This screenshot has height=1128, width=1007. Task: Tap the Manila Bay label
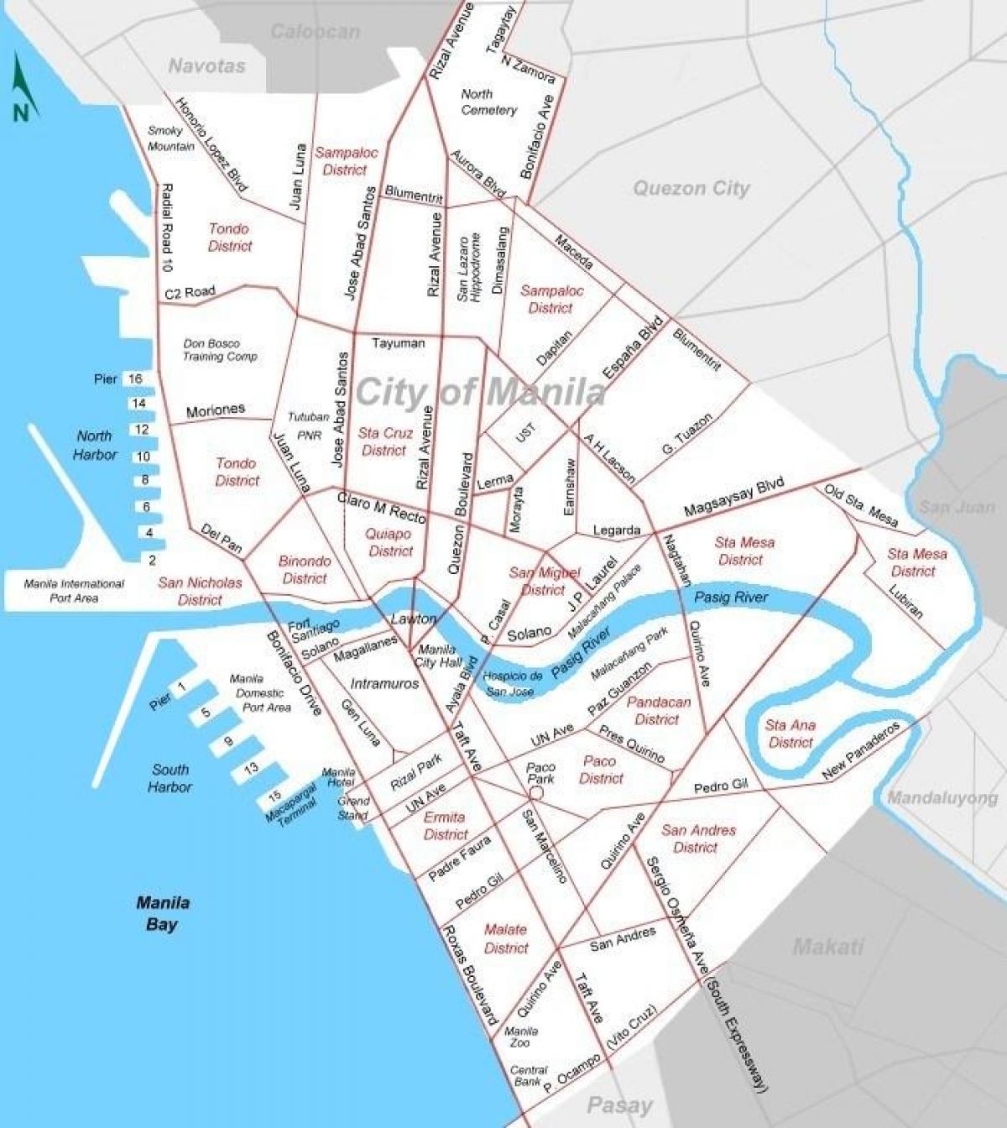[x=163, y=914]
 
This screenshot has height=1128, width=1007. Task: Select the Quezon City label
[x=691, y=188]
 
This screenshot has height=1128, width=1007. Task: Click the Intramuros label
[x=384, y=683]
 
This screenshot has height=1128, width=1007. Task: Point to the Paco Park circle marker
[x=537, y=792]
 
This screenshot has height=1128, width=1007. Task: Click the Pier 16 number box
[x=135, y=379]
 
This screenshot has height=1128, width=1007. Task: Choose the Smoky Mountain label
[x=170, y=138]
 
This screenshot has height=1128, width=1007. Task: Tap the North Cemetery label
[x=488, y=102]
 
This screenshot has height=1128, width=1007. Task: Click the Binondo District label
[x=305, y=569]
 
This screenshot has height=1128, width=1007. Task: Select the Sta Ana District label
[x=790, y=734]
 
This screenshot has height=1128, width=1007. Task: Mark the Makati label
[x=828, y=948]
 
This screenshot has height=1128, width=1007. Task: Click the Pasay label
[x=619, y=1105]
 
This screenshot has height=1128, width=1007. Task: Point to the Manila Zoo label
[x=521, y=1037]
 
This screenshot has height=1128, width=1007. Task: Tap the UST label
[x=525, y=433]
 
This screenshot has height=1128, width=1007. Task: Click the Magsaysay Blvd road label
[x=733, y=497]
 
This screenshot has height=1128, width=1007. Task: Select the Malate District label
[x=506, y=938]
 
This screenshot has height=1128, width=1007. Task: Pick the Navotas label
[x=206, y=65]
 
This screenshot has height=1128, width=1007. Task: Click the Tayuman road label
[x=398, y=342]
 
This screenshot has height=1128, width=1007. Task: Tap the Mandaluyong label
[x=942, y=797]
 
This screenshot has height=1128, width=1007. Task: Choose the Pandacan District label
[x=658, y=710]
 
